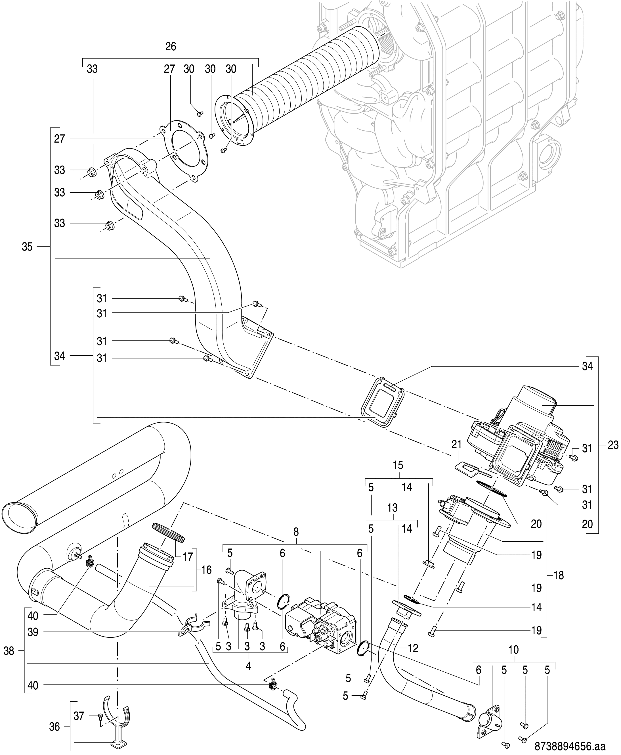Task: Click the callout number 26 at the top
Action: pyautogui.click(x=171, y=47)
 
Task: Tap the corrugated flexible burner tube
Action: pyautogui.click(x=308, y=68)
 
